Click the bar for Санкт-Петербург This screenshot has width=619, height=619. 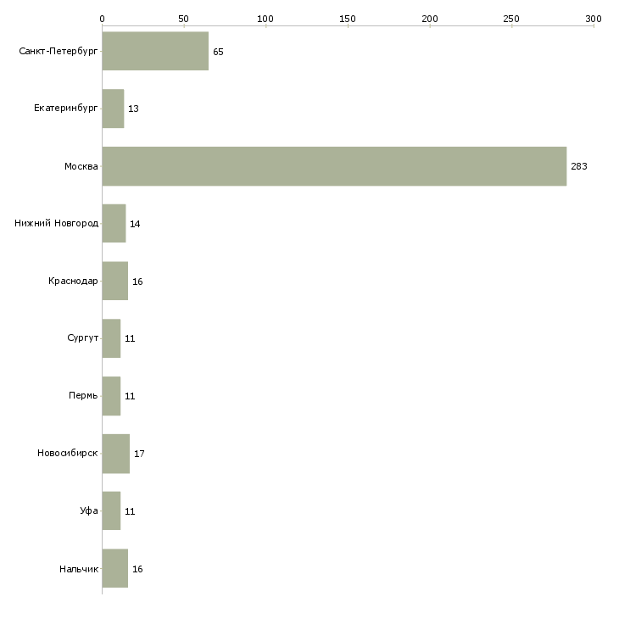(x=155, y=51)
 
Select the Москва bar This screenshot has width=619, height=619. (x=334, y=166)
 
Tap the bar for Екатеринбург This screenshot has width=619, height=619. (x=114, y=109)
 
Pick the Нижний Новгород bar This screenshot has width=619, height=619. (x=114, y=224)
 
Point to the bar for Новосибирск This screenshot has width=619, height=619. (x=116, y=454)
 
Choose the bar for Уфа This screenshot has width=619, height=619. (x=112, y=510)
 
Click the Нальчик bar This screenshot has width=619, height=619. (x=115, y=568)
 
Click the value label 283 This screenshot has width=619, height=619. (x=579, y=166)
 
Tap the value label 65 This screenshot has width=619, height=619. (x=218, y=52)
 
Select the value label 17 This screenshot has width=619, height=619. (x=139, y=454)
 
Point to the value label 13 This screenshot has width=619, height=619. (x=133, y=109)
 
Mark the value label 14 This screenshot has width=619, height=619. (x=135, y=224)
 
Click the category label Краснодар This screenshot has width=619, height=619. (x=73, y=281)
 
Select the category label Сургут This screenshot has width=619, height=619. (x=82, y=338)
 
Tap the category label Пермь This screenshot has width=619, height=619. (x=83, y=395)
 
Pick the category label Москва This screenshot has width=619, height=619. (x=81, y=166)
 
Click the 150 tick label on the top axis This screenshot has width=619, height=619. (x=348, y=19)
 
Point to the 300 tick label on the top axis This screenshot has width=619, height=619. (x=594, y=19)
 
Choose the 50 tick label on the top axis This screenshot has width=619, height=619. (x=183, y=19)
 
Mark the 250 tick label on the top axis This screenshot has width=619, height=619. (x=511, y=19)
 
